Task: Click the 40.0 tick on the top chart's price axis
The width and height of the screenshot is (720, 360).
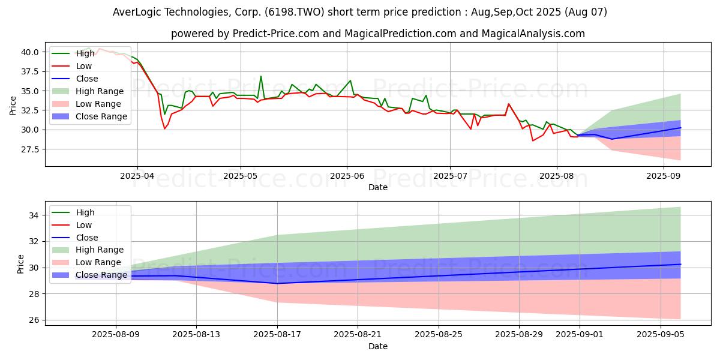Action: [30, 52]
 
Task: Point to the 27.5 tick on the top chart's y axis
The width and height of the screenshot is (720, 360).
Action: [30, 149]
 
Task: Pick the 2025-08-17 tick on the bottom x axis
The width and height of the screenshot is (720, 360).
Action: [277, 334]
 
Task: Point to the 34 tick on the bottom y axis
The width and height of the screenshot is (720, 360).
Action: [35, 215]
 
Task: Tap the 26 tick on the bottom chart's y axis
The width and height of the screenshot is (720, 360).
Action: [35, 320]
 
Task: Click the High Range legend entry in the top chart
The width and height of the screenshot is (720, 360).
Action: [100, 92]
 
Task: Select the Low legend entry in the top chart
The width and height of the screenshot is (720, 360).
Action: [85, 67]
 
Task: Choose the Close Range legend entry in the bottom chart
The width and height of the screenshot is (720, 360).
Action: [101, 275]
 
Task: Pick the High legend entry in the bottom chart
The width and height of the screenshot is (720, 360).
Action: [85, 212]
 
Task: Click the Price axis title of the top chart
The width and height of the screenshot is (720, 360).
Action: [13, 106]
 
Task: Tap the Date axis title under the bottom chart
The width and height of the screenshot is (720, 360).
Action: [377, 346]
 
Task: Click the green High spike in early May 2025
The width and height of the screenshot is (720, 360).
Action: [260, 76]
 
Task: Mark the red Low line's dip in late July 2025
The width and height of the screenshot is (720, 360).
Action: [532, 140]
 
